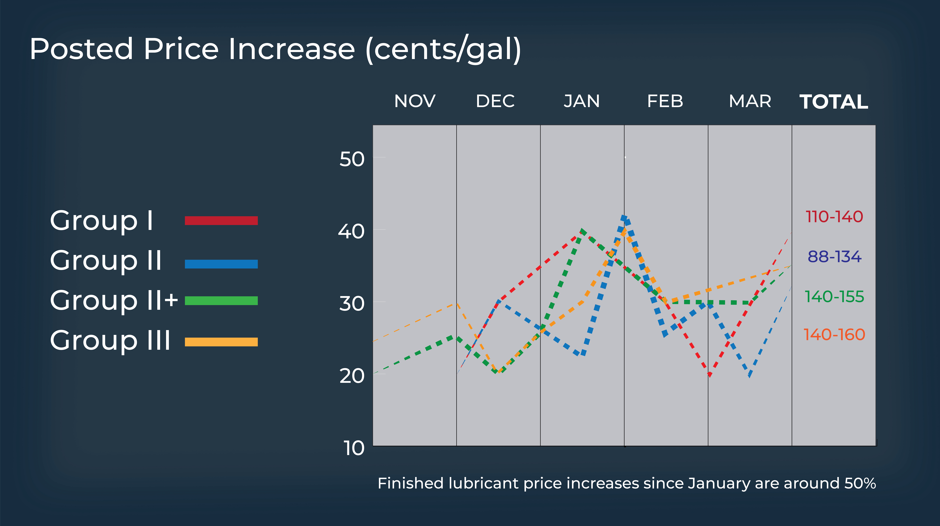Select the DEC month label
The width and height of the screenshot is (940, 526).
495,101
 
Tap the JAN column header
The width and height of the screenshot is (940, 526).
582,101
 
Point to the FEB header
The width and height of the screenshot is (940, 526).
665,101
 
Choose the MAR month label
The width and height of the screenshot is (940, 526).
750,101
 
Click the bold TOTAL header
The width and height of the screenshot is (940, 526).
834,102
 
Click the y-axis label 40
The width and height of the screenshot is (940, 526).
351,231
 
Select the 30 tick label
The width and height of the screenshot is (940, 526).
352,303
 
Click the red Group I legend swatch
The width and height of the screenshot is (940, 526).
221,221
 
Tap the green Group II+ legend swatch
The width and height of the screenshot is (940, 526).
221,301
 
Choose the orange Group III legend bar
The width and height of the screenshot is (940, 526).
221,342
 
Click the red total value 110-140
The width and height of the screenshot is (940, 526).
834,217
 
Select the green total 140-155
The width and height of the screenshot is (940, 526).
834,297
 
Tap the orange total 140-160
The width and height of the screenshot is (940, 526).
834,335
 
